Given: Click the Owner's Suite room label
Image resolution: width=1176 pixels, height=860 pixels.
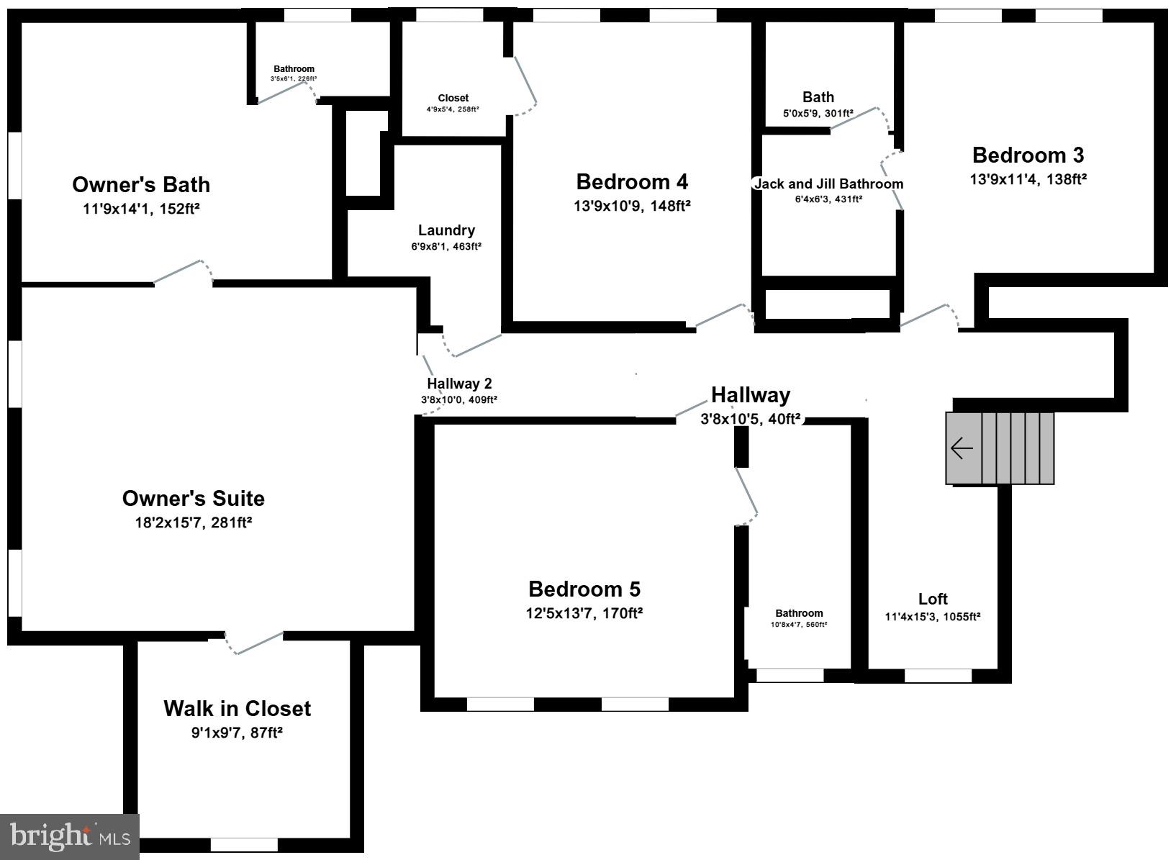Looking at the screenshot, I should point(193,499).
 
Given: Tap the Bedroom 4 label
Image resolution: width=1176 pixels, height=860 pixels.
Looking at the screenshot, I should point(632,181).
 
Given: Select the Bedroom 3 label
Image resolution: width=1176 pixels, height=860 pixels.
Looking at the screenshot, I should point(1028,155).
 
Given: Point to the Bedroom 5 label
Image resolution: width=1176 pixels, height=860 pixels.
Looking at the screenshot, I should point(584,589).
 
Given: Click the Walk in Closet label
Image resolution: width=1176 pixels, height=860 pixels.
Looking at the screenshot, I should point(237,709).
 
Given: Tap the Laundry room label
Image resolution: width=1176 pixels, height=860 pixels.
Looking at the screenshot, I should point(446,230).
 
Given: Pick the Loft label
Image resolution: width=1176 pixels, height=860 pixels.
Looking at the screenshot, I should point(933,599).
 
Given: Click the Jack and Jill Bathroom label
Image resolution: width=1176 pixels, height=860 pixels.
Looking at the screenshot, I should point(828,184).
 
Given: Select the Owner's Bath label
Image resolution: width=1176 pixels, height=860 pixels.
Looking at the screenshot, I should point(141,185).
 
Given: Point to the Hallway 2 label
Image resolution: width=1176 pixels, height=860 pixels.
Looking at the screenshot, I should point(459,384).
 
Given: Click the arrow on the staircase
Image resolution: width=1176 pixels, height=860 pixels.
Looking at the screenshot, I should point(962,448).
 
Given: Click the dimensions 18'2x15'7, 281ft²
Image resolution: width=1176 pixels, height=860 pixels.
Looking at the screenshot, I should point(193,522).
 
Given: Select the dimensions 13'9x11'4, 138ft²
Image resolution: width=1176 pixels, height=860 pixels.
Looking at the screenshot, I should point(1028,179).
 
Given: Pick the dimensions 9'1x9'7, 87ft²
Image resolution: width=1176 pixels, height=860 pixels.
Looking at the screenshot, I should point(237,733).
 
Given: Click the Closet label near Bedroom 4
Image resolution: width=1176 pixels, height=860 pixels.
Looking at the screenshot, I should point(453,98).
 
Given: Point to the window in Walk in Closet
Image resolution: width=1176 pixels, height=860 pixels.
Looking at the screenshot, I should point(244,844).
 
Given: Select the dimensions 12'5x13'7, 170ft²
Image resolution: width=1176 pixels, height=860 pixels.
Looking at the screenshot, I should point(584,614).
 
